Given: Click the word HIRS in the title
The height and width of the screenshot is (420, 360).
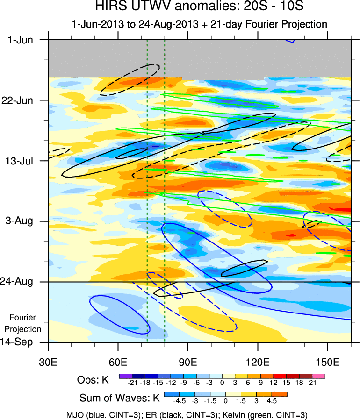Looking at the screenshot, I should pyautogui.click(x=109, y=7).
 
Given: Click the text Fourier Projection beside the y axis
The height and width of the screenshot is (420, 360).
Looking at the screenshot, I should pyautogui.click(x=23, y=323).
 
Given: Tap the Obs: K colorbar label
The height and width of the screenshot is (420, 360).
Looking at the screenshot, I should pyautogui.click(x=93, y=379).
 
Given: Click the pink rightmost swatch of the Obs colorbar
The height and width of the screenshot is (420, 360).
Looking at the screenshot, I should pyautogui.click(x=319, y=375).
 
